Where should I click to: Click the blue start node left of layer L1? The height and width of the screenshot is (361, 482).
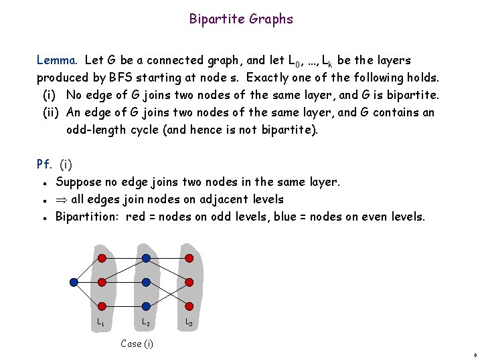click(74, 282)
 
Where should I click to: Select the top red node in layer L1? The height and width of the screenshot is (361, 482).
click(101, 258)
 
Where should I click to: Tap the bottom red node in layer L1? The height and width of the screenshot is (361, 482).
click(101, 307)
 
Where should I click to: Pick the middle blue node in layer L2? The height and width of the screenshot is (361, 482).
click(145, 282)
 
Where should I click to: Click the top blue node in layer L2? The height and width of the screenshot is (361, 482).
click(145, 258)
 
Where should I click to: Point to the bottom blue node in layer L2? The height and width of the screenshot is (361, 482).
click(145, 307)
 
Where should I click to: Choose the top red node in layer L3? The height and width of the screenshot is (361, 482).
click(189, 258)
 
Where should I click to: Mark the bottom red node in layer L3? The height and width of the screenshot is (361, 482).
click(189, 307)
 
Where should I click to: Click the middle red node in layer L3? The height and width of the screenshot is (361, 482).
click(189, 282)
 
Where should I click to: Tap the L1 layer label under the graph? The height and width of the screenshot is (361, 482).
click(100, 323)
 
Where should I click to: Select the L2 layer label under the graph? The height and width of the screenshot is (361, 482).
click(145, 323)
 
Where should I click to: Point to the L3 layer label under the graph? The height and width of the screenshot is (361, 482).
click(189, 323)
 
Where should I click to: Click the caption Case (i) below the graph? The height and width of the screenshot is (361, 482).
click(137, 344)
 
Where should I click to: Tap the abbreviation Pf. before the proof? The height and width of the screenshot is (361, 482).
click(45, 164)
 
